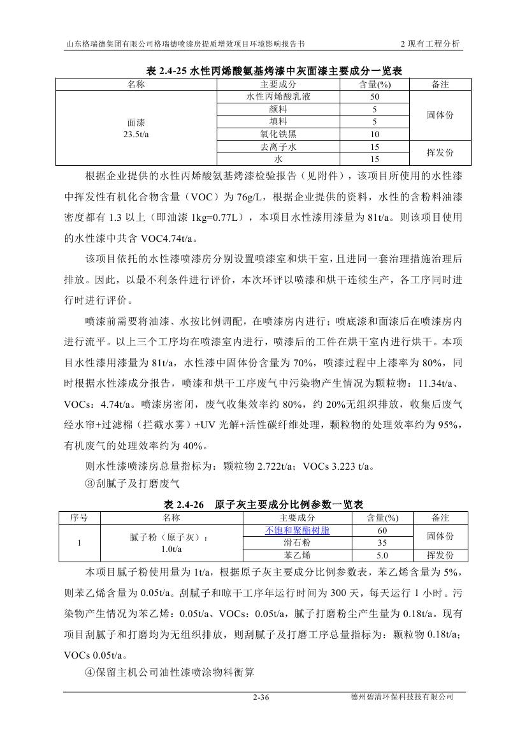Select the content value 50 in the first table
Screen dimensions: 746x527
[375, 97]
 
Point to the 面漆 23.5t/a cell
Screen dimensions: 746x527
[136, 128]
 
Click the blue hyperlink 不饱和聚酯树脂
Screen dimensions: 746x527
[298, 530]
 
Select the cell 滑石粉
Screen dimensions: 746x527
[298, 542]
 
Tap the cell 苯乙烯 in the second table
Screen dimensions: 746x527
[298, 555]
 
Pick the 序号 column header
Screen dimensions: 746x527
[79, 518]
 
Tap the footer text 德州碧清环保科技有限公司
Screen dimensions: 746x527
[401, 697]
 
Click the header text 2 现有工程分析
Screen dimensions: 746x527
[430, 44]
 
